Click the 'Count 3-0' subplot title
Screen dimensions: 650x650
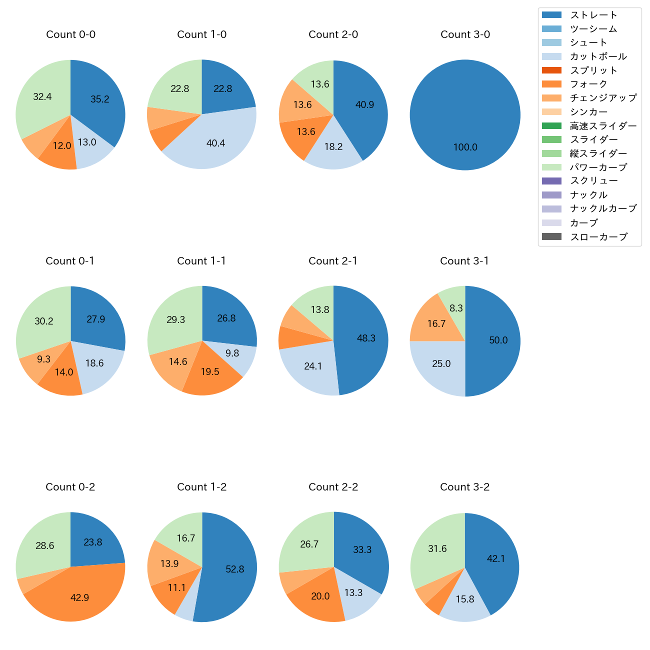pos(465,34)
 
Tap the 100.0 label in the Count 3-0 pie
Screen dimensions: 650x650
pos(465,147)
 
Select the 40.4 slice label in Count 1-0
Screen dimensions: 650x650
pos(215,143)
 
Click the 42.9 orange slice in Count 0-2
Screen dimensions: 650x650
pos(79,597)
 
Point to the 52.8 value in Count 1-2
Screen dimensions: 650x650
pos(234,569)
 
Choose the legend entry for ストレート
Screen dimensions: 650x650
pos(593,15)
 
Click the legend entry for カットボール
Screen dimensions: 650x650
pos(598,56)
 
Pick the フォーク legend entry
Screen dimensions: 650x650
pos(588,84)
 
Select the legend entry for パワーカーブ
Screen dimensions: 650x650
pos(598,167)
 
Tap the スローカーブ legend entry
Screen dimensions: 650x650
pos(598,237)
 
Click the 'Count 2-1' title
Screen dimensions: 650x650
pos(333,261)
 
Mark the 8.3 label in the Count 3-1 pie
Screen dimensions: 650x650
pos(456,308)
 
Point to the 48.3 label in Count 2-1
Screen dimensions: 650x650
pos(366,338)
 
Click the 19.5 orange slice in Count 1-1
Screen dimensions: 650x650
pos(210,371)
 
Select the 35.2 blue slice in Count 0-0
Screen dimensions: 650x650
pos(100,99)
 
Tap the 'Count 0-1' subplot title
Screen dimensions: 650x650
pos(70,261)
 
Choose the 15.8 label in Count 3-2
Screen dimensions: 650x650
pos(464,598)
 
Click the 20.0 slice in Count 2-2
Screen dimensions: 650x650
pos(320,596)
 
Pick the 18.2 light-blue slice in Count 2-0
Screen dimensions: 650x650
pos(333,146)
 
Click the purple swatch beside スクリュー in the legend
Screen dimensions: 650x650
pos(551,181)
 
